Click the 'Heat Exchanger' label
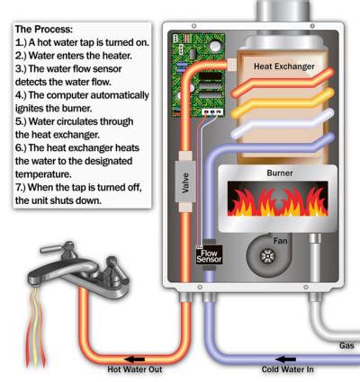(x=284, y=67)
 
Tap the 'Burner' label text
(x=280, y=173)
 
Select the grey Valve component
(x=185, y=182)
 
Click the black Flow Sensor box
(x=209, y=255)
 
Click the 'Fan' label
(x=280, y=241)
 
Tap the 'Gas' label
(x=346, y=345)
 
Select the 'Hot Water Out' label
(x=135, y=369)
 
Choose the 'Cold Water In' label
(x=287, y=369)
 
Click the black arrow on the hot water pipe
(x=134, y=359)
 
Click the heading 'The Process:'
(x=44, y=30)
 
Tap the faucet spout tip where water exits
(x=35, y=282)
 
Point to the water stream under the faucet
(x=35, y=326)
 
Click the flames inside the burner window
(x=277, y=200)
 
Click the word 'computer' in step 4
(x=67, y=95)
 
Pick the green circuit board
(x=198, y=75)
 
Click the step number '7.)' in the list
(x=21, y=188)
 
